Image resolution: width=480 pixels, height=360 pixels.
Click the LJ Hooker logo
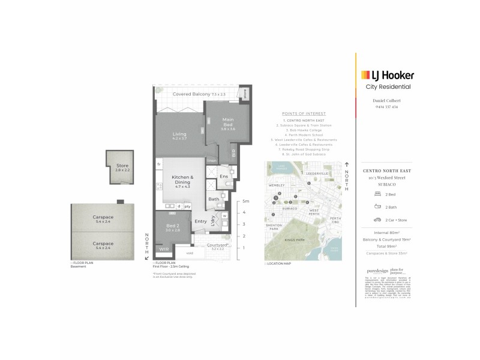coord(387,75)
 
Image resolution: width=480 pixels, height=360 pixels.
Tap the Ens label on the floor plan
coord(223,176)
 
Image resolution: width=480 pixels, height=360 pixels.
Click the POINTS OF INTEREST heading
coord(303,113)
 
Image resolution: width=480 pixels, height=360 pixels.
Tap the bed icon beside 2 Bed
coord(378,195)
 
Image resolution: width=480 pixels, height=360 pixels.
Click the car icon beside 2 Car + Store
coord(378,219)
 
